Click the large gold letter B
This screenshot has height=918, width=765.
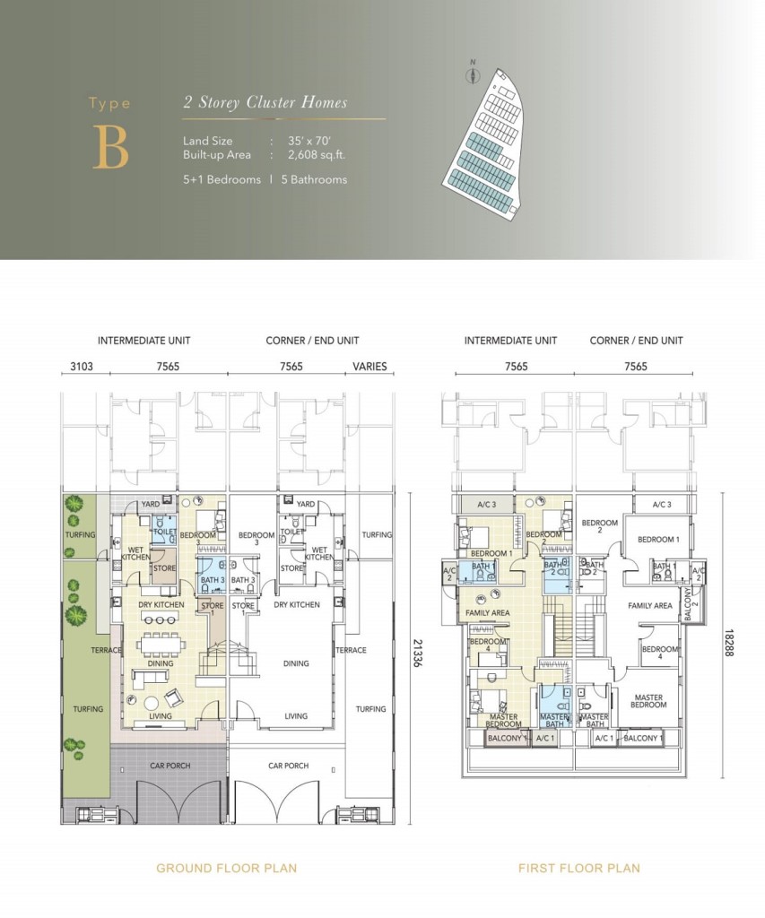(x=110, y=148)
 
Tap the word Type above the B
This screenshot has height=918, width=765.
(x=109, y=103)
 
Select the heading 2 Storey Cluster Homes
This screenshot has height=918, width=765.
(x=265, y=102)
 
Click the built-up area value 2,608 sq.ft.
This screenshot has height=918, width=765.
(x=317, y=154)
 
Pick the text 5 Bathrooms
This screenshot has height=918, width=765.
(x=315, y=179)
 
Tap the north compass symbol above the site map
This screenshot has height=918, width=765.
(x=473, y=74)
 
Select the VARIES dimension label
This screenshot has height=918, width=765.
(x=369, y=366)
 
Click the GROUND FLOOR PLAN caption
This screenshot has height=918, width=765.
(x=226, y=868)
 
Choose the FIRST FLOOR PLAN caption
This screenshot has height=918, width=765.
(x=578, y=868)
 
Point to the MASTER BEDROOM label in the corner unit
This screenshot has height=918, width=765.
(x=648, y=700)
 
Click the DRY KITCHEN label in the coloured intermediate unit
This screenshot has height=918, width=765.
(x=161, y=604)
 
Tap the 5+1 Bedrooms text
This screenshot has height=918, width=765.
(x=222, y=179)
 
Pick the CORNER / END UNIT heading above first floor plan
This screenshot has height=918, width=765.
(x=636, y=341)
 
